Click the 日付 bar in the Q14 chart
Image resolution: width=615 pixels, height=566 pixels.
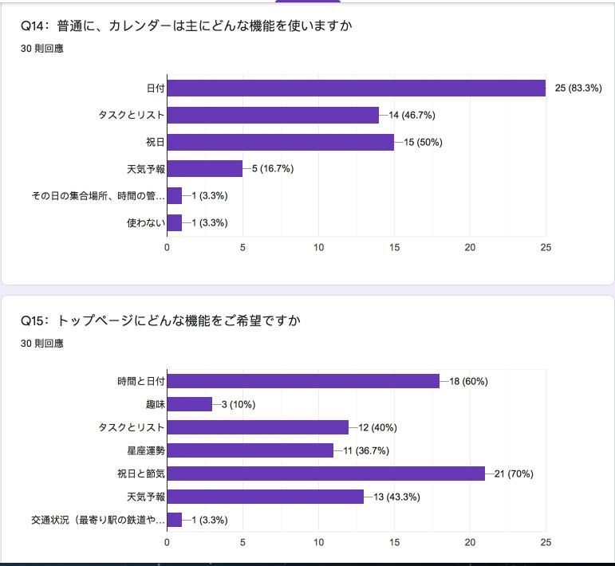coord(356,88)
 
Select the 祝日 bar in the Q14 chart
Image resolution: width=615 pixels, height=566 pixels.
coord(280,142)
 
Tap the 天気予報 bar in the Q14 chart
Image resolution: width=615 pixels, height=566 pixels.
coord(204,169)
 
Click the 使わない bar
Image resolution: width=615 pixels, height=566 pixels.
coord(174,222)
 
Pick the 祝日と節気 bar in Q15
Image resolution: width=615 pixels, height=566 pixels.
coord(325,474)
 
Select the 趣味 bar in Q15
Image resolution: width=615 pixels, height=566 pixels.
coord(189,404)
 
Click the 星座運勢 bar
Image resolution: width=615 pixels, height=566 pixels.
coord(250,450)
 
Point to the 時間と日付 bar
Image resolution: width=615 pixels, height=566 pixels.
coord(303,381)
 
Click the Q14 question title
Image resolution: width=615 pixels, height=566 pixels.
coord(187,26)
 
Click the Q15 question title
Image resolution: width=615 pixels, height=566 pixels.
coord(161,320)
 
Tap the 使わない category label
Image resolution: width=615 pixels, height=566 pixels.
coord(146,222)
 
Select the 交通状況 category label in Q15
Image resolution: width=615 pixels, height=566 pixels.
coord(97,521)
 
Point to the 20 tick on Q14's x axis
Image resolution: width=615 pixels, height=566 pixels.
coord(470,248)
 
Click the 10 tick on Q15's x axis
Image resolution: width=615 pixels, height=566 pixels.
coord(318,543)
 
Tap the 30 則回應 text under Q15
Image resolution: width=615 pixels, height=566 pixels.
coord(42,344)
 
